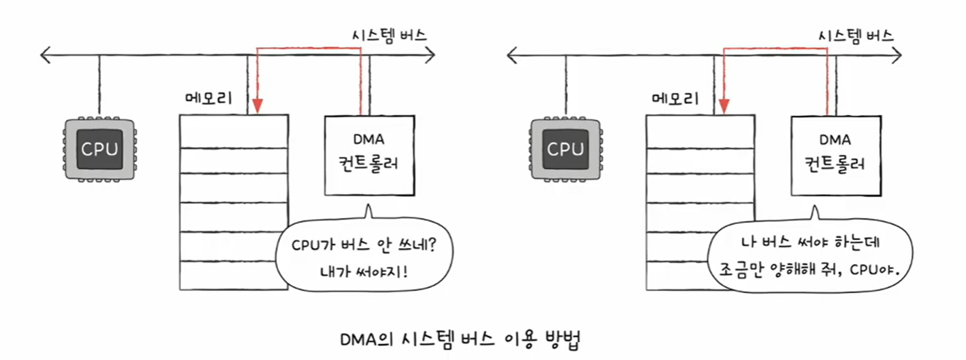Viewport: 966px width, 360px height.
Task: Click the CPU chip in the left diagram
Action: point(99,149)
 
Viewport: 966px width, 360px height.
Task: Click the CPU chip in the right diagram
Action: point(565,149)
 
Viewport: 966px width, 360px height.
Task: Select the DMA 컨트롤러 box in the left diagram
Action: point(370,153)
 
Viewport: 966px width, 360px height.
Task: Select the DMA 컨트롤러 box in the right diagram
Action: point(837,153)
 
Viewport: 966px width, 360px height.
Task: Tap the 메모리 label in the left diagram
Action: point(209,98)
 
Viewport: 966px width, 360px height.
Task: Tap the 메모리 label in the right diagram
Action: point(675,98)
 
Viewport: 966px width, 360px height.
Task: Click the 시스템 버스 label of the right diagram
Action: point(855,35)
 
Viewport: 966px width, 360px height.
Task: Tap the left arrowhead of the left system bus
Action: point(45,54)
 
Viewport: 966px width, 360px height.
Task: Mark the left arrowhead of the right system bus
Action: point(511,54)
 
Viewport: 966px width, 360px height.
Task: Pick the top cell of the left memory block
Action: point(233,131)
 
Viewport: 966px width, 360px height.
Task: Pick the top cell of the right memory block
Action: point(699,131)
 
